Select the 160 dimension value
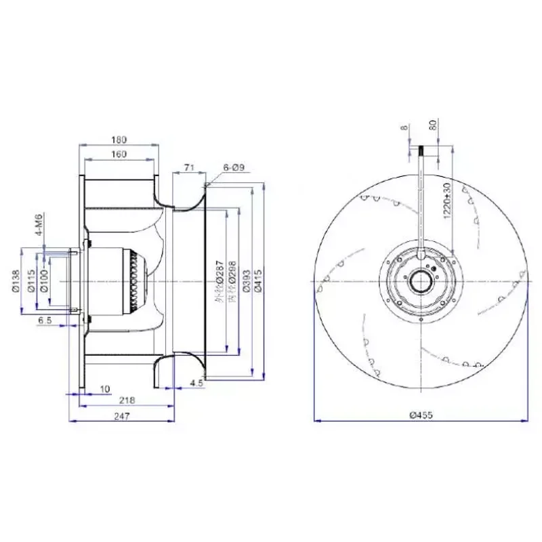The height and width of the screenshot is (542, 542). [119, 154]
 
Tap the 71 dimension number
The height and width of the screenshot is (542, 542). [189, 166]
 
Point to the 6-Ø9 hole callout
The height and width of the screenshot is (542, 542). [233, 167]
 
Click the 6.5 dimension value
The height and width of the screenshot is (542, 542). [45, 319]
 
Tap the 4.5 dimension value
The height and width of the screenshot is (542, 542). [196, 383]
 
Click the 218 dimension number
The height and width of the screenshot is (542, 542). [126, 400]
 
